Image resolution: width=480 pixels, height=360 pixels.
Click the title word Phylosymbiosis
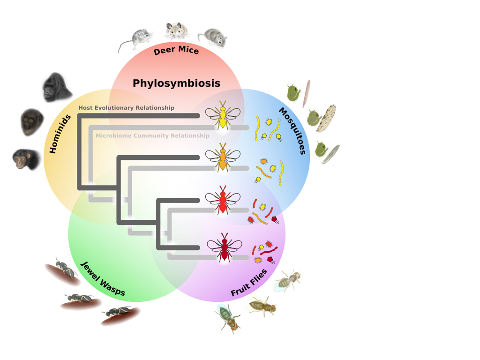point(176,83)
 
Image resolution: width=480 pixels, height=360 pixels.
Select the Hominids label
point(60,134)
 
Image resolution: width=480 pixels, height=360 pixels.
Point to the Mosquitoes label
point(292,131)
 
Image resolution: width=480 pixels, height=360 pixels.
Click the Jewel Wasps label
point(103,279)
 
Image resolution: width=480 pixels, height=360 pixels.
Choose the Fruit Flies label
point(249,283)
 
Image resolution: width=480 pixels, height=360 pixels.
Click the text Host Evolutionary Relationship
point(126,108)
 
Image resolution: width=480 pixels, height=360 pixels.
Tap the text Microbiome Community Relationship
point(152,136)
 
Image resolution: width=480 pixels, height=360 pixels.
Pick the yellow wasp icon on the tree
point(223,114)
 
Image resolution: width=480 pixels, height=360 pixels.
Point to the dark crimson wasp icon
point(225,247)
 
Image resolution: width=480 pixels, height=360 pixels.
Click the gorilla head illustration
point(56,88)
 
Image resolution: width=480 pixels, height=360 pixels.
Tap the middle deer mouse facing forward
point(177,30)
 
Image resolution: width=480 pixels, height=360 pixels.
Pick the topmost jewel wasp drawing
point(63,271)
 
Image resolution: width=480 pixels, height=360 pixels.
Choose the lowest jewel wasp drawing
point(120,315)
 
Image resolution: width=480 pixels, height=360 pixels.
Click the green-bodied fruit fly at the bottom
point(228,316)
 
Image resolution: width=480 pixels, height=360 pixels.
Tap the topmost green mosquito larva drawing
point(293,93)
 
